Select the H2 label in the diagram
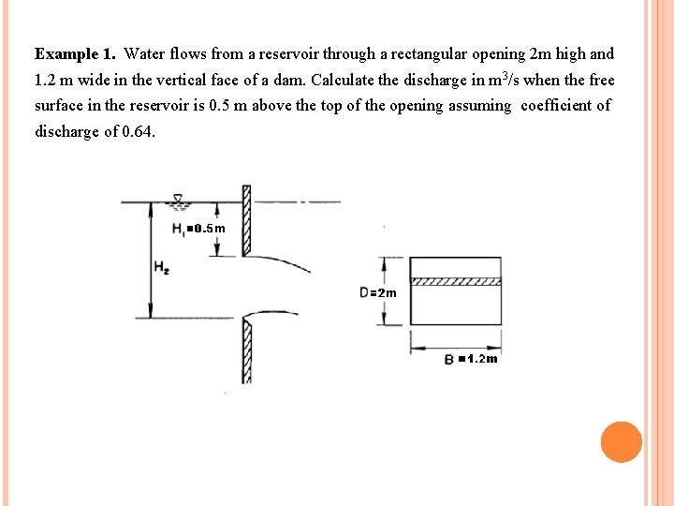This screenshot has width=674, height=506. [161, 267]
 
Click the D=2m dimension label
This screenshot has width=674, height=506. [377, 292]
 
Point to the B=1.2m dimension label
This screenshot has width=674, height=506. [471, 359]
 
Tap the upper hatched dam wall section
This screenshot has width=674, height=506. [247, 220]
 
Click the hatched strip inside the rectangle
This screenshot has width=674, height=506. [457, 281]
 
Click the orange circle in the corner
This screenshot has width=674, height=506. [622, 441]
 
